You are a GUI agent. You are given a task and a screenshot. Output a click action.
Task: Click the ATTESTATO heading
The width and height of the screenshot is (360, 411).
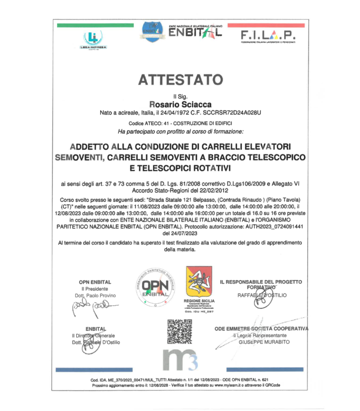[x=180, y=79]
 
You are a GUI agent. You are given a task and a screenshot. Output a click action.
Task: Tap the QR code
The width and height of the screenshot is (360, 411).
[x=180, y=332]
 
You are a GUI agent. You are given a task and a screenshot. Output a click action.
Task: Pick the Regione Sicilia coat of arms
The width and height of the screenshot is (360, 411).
[x=199, y=281]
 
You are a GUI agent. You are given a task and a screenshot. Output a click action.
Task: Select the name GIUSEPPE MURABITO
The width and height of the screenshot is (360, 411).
[x=264, y=342]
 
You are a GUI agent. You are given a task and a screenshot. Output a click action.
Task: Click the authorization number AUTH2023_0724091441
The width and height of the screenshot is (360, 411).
[x=266, y=226]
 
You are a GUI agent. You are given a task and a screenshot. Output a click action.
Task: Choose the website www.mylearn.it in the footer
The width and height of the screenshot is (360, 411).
[x=219, y=385]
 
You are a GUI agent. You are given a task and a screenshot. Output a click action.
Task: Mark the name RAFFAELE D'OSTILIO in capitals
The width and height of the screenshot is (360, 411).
[x=262, y=295]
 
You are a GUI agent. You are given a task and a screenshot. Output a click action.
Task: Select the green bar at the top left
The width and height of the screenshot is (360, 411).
[x=95, y=25]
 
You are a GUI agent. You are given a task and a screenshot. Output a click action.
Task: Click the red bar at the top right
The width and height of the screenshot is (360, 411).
[x=266, y=25]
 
